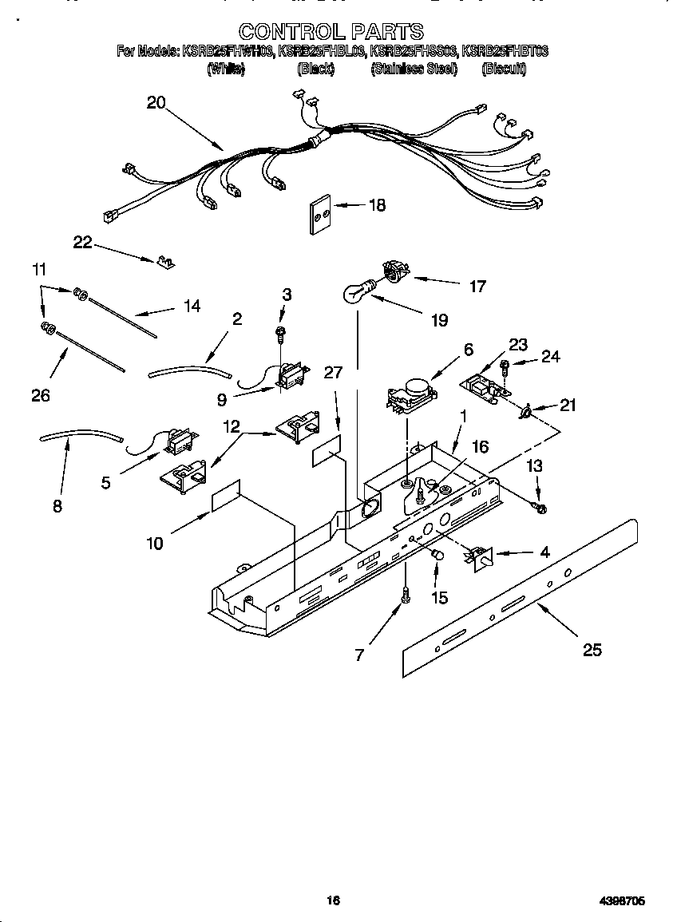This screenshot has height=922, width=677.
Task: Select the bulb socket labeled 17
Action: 392,272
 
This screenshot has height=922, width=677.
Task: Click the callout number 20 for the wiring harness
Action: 156,102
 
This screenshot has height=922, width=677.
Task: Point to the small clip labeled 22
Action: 166,261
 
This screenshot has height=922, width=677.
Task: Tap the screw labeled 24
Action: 505,366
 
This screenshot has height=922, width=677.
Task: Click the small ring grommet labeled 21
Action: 526,412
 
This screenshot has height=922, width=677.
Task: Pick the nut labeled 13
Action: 540,507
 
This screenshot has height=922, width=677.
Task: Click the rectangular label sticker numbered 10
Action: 225,496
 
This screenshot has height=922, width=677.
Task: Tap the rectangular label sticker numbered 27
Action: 327,451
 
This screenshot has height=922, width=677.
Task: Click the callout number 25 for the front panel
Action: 591,650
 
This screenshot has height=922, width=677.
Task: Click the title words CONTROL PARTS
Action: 331,31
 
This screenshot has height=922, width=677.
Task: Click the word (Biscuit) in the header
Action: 504,69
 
